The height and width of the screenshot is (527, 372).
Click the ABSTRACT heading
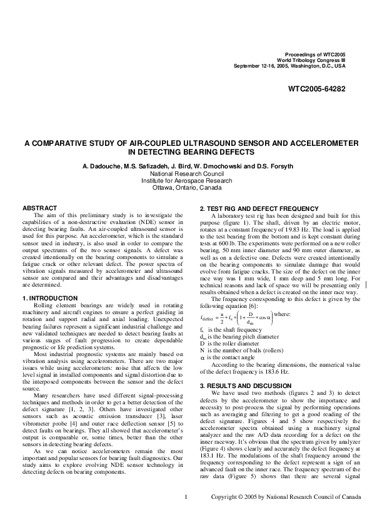[x=39, y=208]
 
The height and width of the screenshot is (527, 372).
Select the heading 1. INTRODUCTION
[x=50, y=298]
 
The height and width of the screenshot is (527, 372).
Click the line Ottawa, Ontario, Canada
[x=187, y=187]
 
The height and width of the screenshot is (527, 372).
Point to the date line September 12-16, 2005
[x=289, y=66]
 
